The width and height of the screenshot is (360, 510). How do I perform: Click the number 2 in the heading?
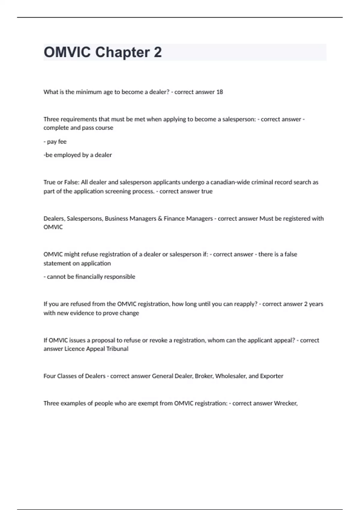click(157, 52)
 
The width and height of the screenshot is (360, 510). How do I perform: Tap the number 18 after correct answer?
click(220, 92)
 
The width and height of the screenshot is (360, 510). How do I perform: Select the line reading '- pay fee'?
click(55, 142)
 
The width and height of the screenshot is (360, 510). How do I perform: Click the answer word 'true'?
click(207, 191)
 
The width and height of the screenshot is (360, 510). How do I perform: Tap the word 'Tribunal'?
click(117, 349)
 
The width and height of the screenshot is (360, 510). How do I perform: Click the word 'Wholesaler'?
click(231, 376)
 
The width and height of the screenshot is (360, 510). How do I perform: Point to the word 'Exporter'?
click(271, 376)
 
